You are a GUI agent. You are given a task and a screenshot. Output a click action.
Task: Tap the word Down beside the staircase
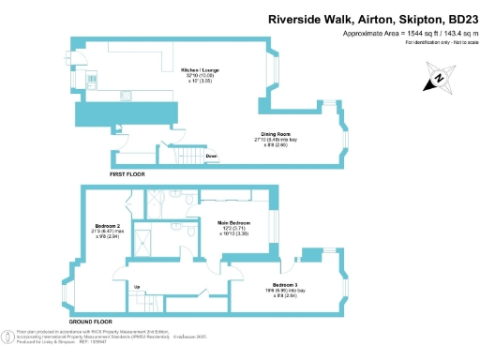click(213, 156)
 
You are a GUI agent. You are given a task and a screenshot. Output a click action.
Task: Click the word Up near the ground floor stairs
click(138, 287)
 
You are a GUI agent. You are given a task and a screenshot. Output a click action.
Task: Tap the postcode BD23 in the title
click(457, 18)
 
